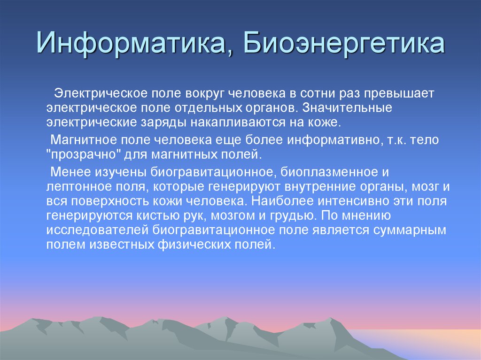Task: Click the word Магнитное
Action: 83,139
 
